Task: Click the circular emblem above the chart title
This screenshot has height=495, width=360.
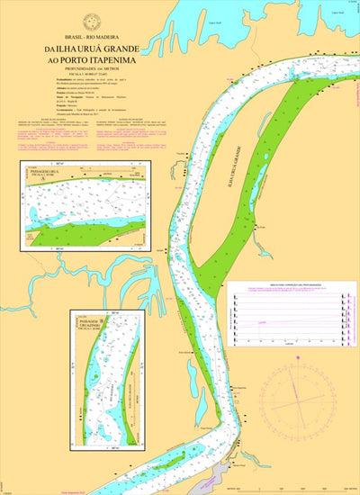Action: pos(90,21)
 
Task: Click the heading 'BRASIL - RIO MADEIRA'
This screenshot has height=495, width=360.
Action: pos(89,38)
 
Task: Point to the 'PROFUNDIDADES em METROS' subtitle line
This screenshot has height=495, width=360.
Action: pos(89,67)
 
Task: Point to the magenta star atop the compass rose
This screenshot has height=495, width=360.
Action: pos(297,352)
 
